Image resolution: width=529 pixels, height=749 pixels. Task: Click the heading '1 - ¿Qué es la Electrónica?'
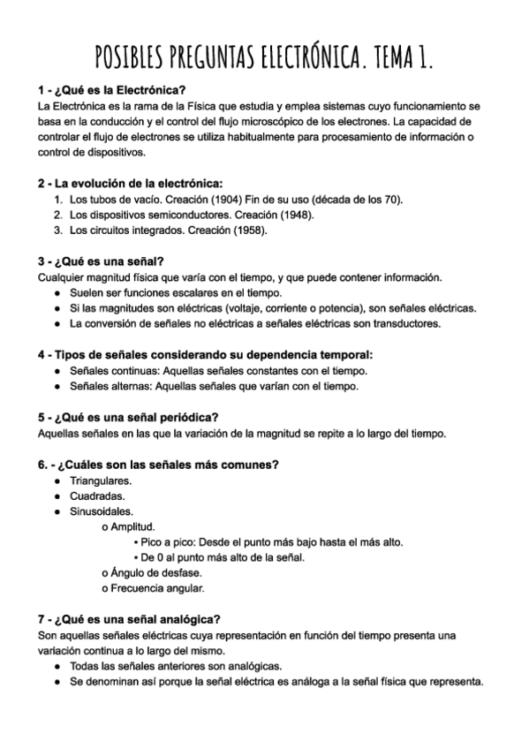[111, 90]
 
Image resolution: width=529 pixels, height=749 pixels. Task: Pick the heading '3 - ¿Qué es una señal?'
[102, 261]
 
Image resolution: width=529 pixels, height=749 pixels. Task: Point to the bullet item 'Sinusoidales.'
[102, 511]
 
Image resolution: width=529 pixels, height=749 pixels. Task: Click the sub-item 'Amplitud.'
[132, 526]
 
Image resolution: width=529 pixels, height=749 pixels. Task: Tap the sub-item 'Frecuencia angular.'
[154, 587]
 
